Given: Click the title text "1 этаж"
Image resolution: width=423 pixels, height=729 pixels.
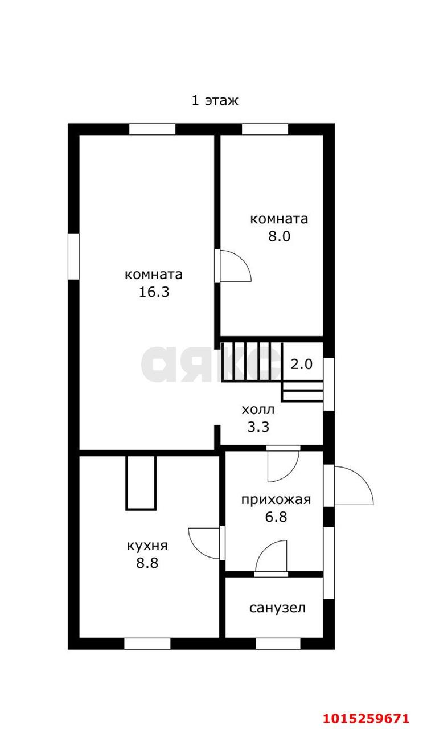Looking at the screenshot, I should click(x=214, y=101).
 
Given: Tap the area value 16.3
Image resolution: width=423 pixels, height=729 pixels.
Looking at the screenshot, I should click(x=154, y=292).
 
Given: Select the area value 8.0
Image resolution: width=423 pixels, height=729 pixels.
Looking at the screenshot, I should click(x=280, y=236).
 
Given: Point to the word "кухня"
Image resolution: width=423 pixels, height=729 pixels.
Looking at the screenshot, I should click(x=147, y=546).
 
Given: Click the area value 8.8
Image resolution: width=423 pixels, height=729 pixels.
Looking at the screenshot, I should click(x=147, y=563).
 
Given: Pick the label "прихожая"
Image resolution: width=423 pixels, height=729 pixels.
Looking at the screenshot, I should click(x=276, y=500).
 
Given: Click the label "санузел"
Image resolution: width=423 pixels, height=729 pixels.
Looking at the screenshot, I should click(x=277, y=608).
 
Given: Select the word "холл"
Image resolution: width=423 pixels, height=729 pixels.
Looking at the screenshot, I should click(x=258, y=409).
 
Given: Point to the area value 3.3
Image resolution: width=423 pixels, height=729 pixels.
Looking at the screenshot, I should click(x=258, y=427).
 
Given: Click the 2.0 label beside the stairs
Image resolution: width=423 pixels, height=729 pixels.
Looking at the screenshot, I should click(x=302, y=364).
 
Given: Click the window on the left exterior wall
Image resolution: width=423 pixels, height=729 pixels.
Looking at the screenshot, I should click(x=73, y=256).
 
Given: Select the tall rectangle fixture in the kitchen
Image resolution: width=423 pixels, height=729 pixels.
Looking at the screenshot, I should click(x=141, y=481).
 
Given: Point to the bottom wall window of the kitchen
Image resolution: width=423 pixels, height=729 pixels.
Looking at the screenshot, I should click(x=147, y=644).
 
